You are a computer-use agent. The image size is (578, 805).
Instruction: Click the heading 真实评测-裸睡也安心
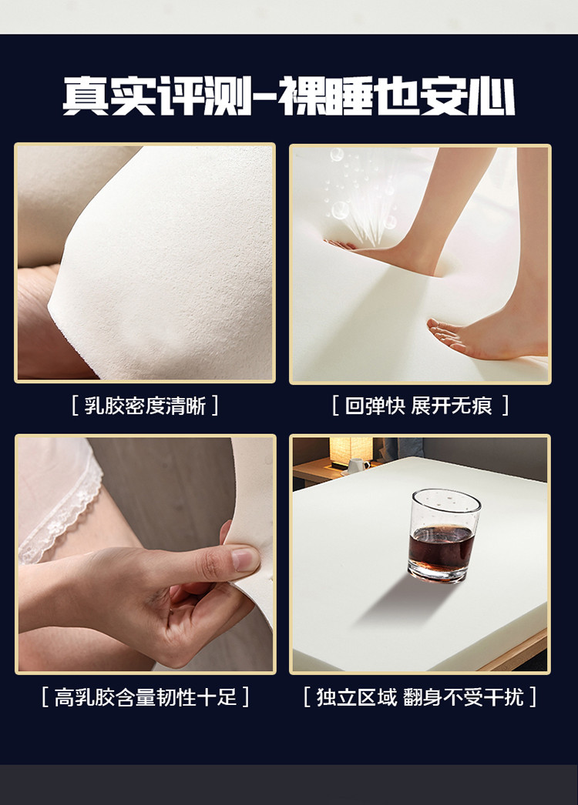coord(288,96)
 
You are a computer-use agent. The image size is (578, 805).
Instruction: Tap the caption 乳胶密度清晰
coord(145,406)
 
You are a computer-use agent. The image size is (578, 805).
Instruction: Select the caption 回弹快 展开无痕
coord(418,406)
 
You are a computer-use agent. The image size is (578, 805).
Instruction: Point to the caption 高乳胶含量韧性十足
coord(146,697)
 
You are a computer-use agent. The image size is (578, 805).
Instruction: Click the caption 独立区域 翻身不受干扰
coord(419,697)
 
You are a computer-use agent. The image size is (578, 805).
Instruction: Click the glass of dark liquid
coord(443,536)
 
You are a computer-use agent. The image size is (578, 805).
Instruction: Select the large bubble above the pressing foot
coord(340,209)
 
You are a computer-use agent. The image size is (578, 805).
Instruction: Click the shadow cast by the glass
coord(401,600)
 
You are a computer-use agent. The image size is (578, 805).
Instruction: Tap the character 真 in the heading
coord(86,96)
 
